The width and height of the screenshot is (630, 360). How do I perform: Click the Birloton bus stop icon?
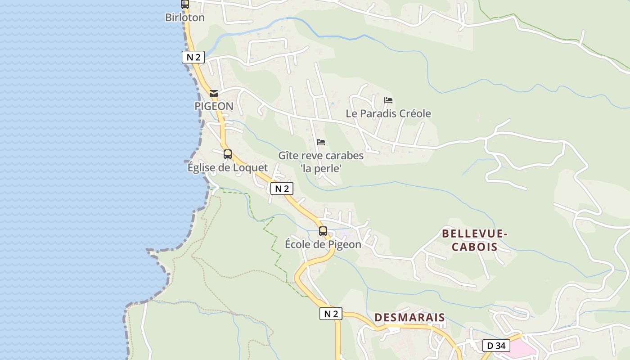pos(185,4)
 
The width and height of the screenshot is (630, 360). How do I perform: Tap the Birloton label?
pos(185,18)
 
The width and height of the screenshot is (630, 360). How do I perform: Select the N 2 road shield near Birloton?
pos(193,57)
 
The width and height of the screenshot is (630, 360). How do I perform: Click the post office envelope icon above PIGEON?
pos(214,94)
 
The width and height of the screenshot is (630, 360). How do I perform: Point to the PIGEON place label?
pos(214,106)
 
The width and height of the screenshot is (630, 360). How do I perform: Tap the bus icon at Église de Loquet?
pos(228,154)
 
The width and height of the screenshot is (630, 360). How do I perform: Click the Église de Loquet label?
pos(227,167)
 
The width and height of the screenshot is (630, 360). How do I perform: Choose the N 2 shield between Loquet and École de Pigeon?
pos(282,189)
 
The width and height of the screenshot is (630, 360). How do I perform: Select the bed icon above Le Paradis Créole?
pos(388,100)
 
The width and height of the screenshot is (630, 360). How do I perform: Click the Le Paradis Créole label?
pos(388,113)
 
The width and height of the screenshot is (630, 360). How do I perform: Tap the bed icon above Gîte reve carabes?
pos(321,142)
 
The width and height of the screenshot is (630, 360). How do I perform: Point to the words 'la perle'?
pos(321,169)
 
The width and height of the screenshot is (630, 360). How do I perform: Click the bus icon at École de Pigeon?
pos(323,231)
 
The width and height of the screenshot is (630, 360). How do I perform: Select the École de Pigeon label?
pos(323,244)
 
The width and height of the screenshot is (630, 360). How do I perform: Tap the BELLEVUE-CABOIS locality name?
pos(475,240)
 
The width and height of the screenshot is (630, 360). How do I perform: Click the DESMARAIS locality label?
pos(409,317)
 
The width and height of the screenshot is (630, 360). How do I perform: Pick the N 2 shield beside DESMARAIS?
pos(331,314)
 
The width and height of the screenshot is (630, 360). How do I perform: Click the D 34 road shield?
pos(496,346)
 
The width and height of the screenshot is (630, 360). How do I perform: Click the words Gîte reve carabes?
pos(321,156)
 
